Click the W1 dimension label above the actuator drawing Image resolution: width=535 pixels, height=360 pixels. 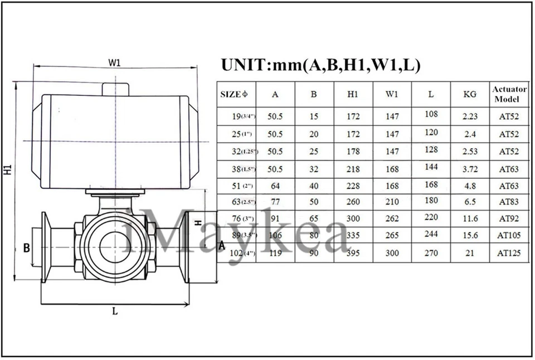click(114, 62)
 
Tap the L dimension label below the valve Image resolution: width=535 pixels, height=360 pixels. click(115, 312)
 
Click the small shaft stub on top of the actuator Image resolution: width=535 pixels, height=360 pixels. click(115, 89)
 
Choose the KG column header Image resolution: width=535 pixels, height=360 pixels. click(470, 94)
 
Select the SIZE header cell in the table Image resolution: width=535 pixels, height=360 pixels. click(234, 94)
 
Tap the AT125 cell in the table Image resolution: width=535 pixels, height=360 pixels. click(509, 253)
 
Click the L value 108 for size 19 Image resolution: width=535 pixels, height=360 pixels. click(431, 114)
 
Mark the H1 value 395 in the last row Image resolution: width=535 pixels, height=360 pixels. click(352, 253)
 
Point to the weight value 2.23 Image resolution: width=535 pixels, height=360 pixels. click(470, 116)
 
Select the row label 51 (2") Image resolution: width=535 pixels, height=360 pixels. click(241, 186)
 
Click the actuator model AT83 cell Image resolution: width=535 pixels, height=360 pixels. click(509, 202)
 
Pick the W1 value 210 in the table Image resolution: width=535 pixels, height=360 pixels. click(392, 202)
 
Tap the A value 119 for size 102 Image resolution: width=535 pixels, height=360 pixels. click(275, 253)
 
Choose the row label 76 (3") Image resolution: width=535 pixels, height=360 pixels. click(241, 220)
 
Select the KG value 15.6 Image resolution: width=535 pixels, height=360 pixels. click(470, 236)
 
